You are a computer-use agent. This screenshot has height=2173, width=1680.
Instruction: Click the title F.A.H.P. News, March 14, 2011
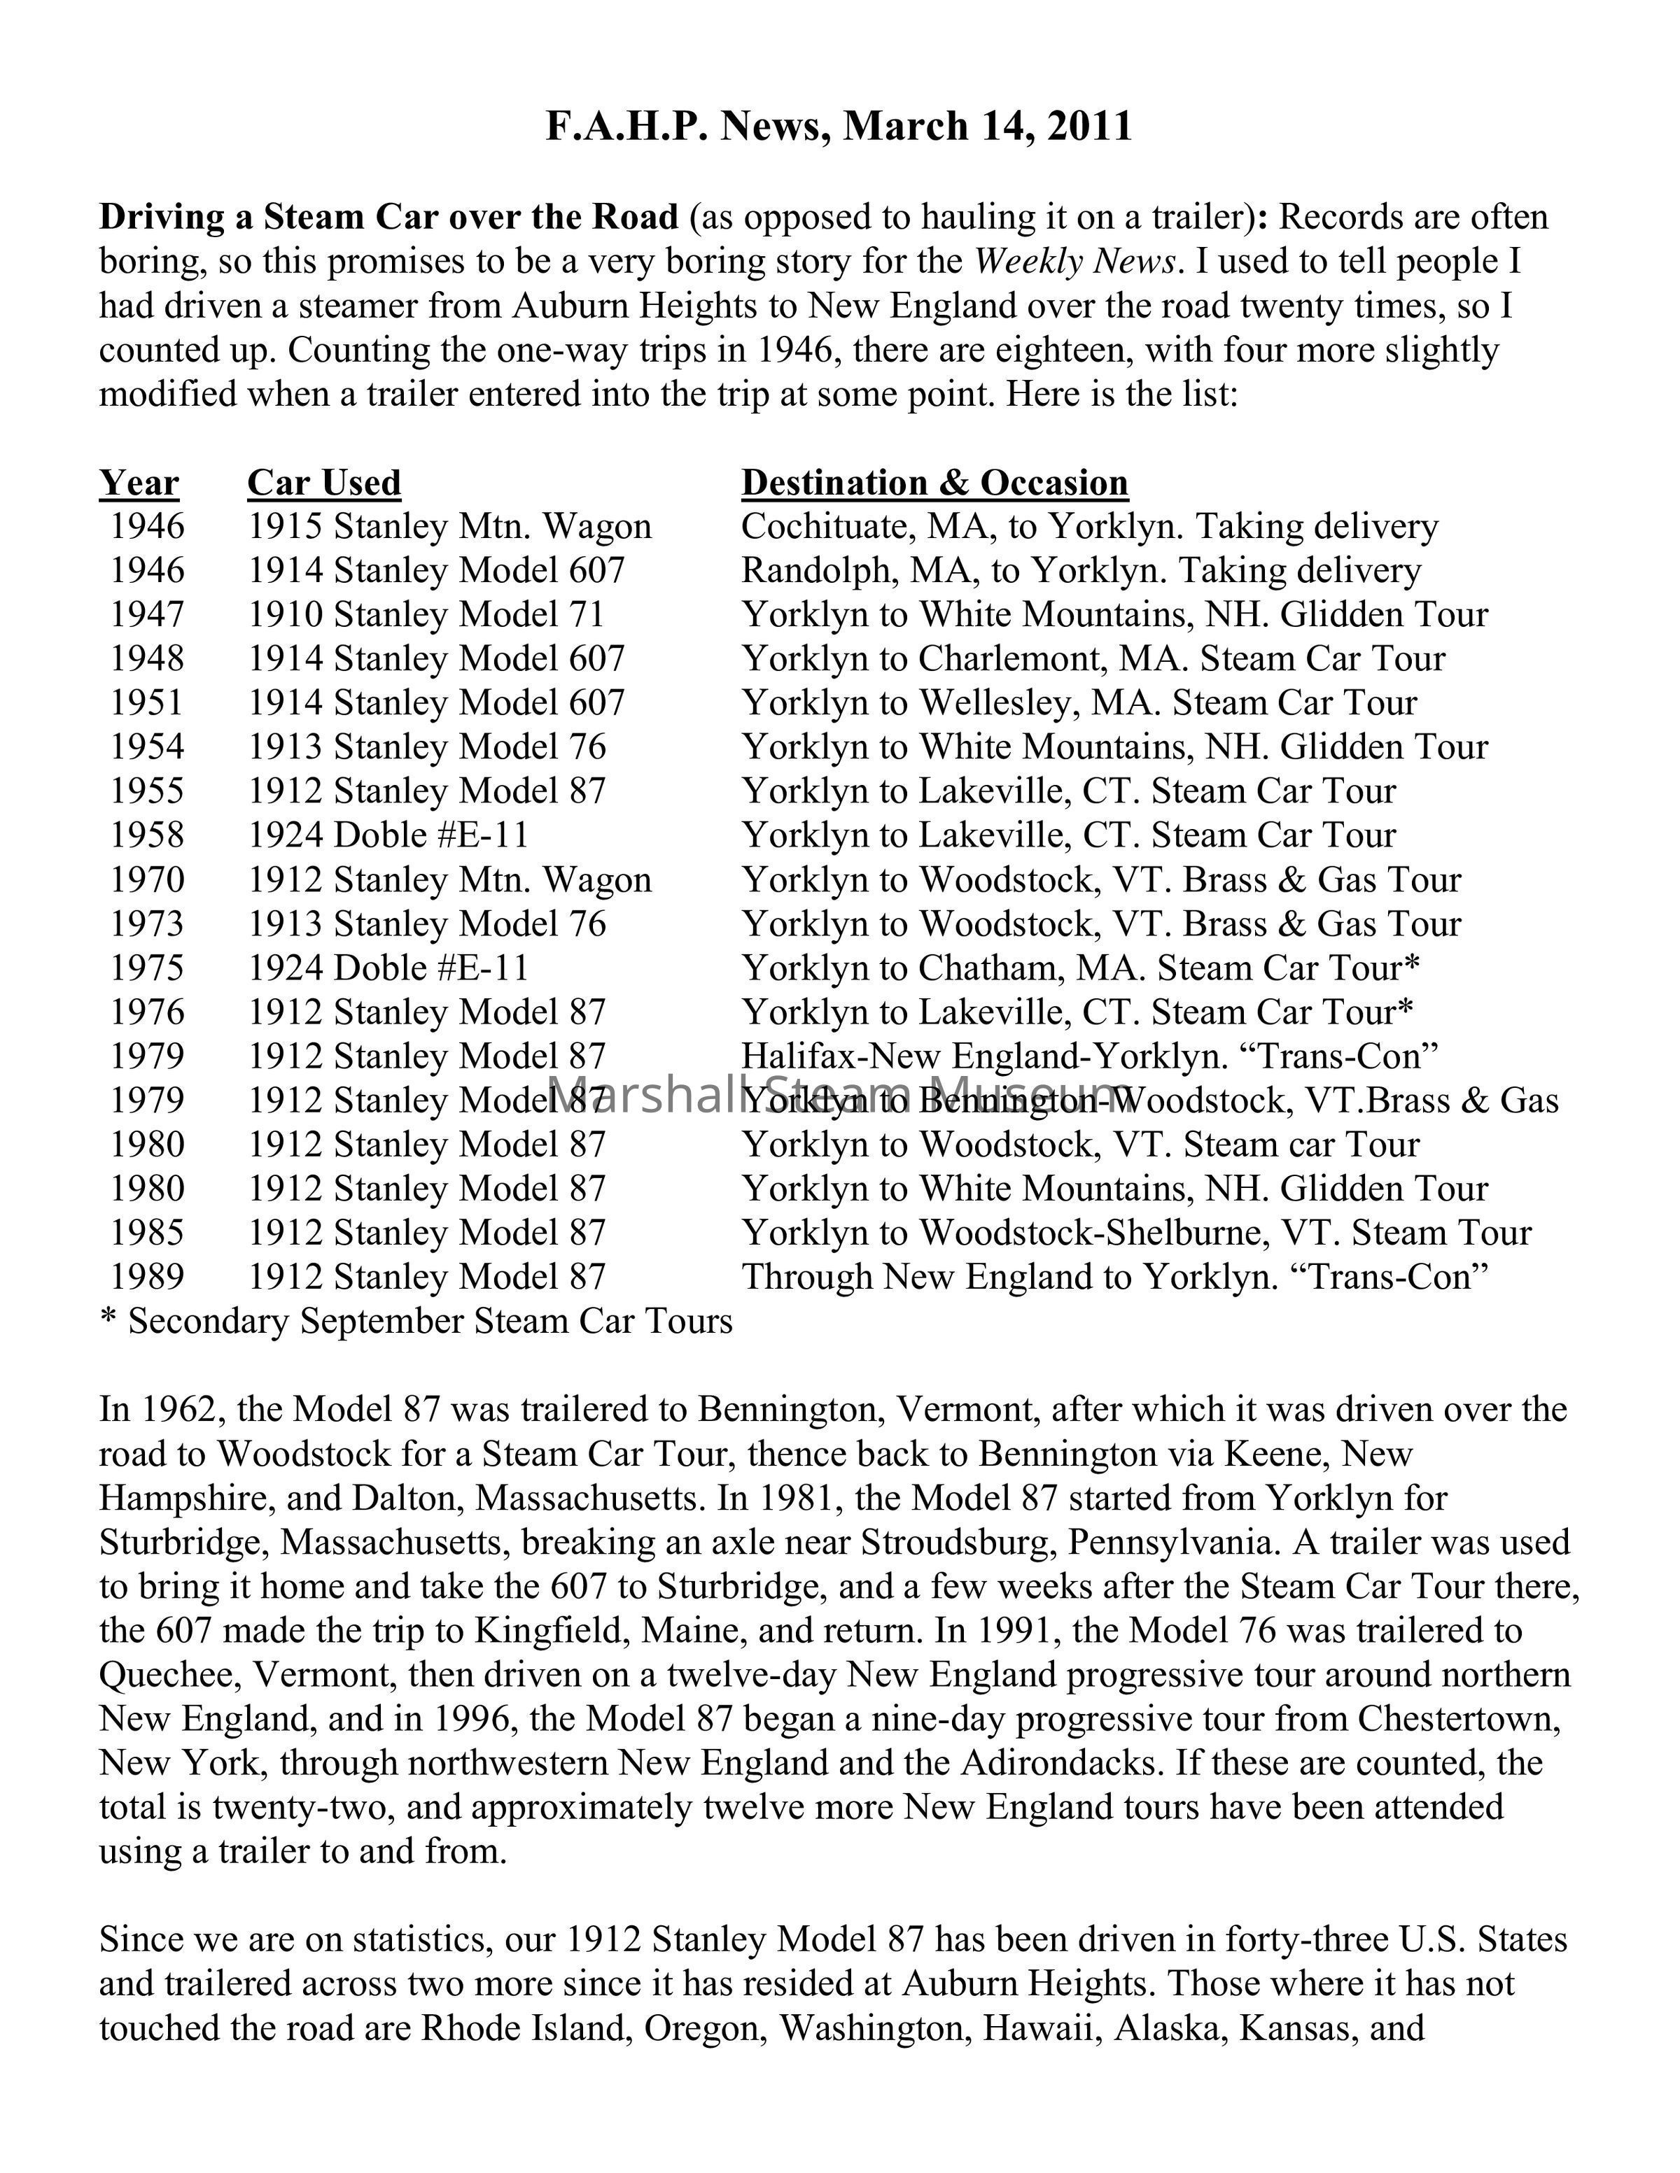(x=839, y=127)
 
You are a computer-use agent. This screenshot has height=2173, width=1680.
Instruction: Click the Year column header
(x=139, y=483)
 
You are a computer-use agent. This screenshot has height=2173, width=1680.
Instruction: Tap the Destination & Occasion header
(x=934, y=483)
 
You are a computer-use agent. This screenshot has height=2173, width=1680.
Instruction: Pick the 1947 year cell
(x=146, y=615)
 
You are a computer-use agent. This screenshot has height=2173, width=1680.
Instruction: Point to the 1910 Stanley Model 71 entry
(x=426, y=615)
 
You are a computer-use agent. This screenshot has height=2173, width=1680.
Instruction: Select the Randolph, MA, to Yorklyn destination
(x=1080, y=571)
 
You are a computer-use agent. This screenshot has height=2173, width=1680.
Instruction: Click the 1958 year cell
(x=146, y=836)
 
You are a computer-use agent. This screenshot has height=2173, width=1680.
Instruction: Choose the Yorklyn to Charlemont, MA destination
(x=1093, y=658)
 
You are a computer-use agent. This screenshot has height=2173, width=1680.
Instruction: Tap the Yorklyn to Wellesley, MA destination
(x=1079, y=703)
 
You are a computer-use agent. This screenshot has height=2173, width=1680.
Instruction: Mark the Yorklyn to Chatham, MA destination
(x=1080, y=968)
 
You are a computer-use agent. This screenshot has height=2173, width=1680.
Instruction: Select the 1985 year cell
(x=146, y=1233)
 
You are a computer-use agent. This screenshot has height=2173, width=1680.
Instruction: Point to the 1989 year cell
(x=146, y=1277)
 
